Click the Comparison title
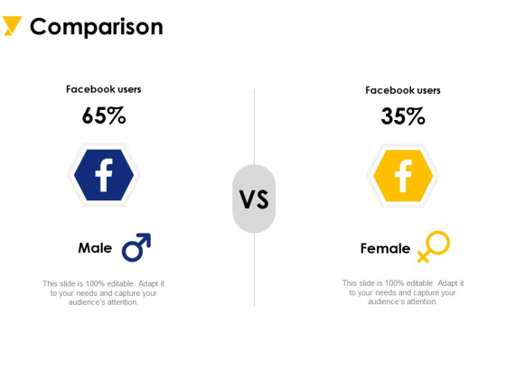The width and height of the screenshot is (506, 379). click(97, 27)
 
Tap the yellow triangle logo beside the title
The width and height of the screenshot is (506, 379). click(12, 25)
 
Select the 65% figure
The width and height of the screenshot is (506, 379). click(104, 116)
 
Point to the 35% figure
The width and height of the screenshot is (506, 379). click(403, 116)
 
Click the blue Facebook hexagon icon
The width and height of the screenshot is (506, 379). click(104, 175)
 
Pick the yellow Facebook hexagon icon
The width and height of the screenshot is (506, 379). click(403, 176)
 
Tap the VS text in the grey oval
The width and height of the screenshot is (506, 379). click(254, 199)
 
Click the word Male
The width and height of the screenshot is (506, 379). click(95, 248)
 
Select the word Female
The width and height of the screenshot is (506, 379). click(385, 248)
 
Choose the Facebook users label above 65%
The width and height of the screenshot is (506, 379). click(104, 89)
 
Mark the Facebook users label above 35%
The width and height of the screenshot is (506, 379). click(403, 90)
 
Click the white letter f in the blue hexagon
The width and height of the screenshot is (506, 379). click(104, 175)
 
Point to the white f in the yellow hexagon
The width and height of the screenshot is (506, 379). click(403, 176)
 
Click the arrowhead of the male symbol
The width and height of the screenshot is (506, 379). click(145, 238)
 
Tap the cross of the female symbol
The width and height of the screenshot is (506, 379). click(423, 256)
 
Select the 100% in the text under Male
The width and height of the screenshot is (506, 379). click(95, 284)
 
